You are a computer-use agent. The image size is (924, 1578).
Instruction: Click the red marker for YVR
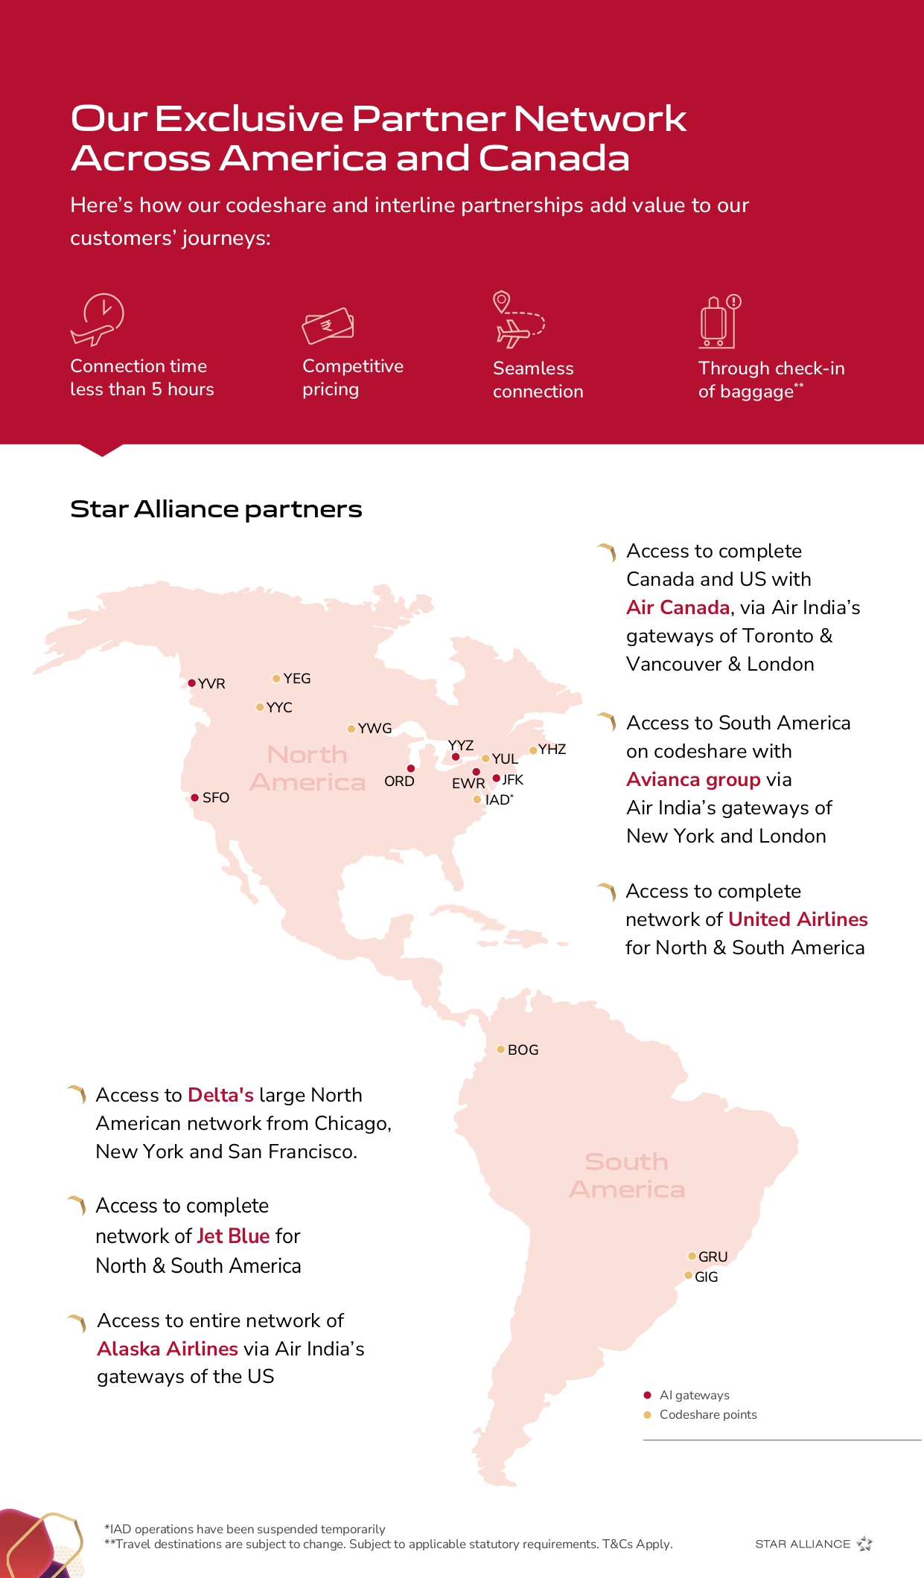pyautogui.click(x=191, y=683)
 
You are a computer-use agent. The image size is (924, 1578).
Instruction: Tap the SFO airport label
pyautogui.click(x=215, y=797)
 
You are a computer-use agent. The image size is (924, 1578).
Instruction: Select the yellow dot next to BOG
pyautogui.click(x=501, y=1050)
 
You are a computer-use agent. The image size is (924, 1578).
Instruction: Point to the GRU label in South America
pyautogui.click(x=713, y=1256)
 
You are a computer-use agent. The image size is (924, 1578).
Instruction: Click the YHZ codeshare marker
pyautogui.click(x=533, y=750)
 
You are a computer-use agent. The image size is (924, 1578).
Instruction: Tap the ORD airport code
pyautogui.click(x=399, y=781)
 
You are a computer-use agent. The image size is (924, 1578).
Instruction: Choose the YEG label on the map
pyautogui.click(x=296, y=678)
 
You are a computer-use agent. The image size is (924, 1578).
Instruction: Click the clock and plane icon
pyautogui.click(x=98, y=320)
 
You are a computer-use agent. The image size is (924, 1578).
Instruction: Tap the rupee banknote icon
pyautogui.click(x=328, y=325)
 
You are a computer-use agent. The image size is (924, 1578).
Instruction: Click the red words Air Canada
pyautogui.click(x=678, y=607)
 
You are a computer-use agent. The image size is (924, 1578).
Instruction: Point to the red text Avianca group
pyautogui.click(x=693, y=779)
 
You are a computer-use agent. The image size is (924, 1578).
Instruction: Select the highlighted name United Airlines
pyautogui.click(x=798, y=919)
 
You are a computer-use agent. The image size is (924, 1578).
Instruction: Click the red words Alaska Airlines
pyautogui.click(x=168, y=1349)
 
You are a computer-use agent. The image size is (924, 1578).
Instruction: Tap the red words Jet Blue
pyautogui.click(x=233, y=1236)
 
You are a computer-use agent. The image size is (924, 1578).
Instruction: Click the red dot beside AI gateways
pyautogui.click(x=647, y=1395)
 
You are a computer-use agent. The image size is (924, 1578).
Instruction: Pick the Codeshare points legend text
pyautogui.click(x=708, y=1414)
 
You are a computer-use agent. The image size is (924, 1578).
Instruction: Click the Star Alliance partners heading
pyautogui.click(x=216, y=509)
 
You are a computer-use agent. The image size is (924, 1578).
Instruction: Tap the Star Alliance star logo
pyautogui.click(x=864, y=1544)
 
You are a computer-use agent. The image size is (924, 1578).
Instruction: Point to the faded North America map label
pyautogui.click(x=308, y=768)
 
